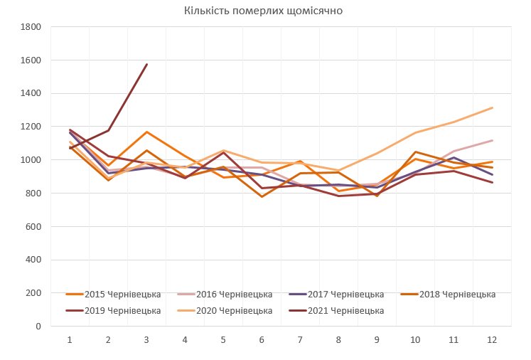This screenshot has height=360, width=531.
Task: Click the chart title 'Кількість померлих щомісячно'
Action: pyautogui.click(x=265, y=11)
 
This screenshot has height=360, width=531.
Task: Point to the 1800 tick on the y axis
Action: pyautogui.click(x=33, y=27)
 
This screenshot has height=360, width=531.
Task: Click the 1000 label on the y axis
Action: pyautogui.click(x=33, y=160)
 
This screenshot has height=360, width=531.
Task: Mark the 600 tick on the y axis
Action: pyautogui.click(x=35, y=227)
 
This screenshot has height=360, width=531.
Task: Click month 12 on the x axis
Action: pyautogui.click(x=492, y=341)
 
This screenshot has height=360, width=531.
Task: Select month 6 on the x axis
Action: pyautogui.click(x=262, y=341)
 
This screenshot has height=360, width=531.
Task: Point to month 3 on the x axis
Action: pyautogui.click(x=146, y=341)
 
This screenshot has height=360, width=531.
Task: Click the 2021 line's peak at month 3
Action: pyautogui.click(x=146, y=65)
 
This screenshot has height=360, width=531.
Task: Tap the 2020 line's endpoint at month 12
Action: pyautogui.click(x=492, y=108)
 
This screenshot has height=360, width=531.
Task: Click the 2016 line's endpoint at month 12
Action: pyautogui.click(x=492, y=141)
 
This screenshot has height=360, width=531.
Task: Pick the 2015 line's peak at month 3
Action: pyautogui.click(x=146, y=132)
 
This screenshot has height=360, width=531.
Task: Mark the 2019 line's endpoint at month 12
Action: pyautogui.click(x=492, y=183)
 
